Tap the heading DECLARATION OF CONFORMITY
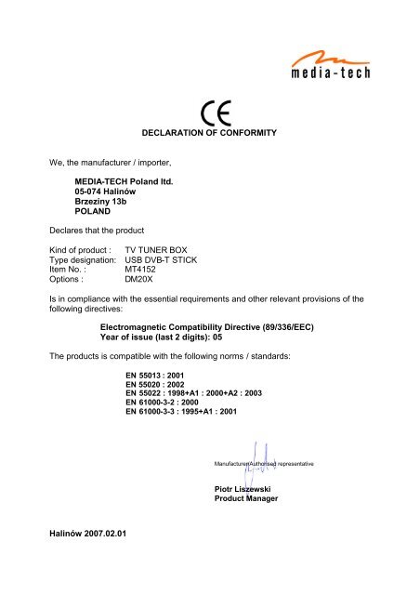coord(209,135)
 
